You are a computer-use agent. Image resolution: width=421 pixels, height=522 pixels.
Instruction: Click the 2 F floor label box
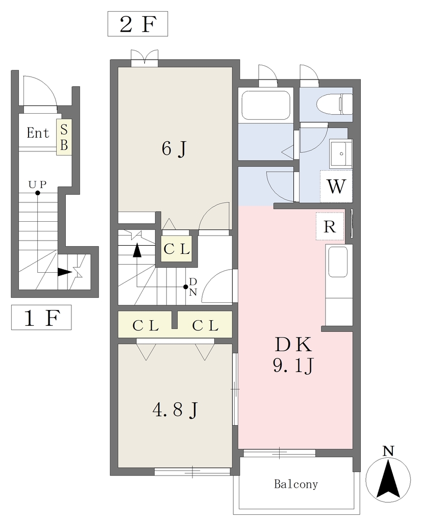tap(137, 24)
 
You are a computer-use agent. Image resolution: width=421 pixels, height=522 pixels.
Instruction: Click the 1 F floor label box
tap(41, 317)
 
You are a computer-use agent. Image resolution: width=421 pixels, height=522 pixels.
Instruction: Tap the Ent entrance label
tap(38, 133)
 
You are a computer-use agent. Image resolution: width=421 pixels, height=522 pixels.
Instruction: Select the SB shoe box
tap(64, 137)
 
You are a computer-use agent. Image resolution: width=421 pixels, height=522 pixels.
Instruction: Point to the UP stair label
tap(37, 184)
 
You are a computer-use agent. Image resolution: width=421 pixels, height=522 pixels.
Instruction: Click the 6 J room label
tap(174, 149)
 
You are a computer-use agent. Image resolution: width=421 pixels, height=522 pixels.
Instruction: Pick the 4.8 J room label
tap(176, 409)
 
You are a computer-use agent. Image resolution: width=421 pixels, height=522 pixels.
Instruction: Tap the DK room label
tap(293, 345)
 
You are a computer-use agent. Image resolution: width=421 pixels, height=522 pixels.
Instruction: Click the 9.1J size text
tap(293, 366)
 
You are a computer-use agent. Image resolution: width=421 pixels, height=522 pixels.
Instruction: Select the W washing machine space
tap(336, 187)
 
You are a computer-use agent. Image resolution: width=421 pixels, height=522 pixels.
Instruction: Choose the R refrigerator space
tap(330, 226)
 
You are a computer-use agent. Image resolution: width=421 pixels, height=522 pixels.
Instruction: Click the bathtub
tap(266, 105)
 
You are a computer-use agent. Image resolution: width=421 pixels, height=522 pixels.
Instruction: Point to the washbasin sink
tap(341, 153)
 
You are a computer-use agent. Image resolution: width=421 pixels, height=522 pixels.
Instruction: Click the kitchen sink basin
tap(338, 263)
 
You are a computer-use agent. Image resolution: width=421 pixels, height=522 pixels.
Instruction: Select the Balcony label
tap(296, 484)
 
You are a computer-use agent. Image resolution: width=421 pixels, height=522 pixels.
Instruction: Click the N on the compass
tap(388, 451)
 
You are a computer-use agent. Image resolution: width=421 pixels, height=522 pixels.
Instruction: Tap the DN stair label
tap(193, 287)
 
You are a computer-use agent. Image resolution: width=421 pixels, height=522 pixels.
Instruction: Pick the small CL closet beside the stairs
tap(177, 249)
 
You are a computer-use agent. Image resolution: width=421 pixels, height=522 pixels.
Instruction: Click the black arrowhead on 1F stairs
tap(65, 272)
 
